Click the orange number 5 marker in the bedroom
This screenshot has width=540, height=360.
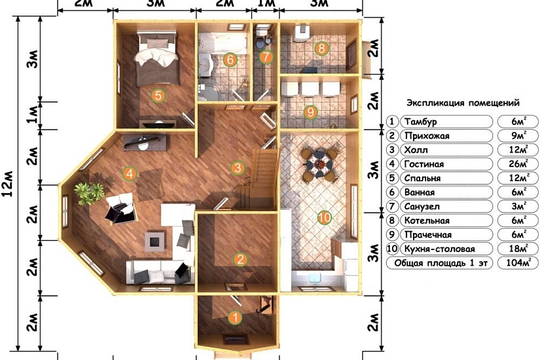point(158,96)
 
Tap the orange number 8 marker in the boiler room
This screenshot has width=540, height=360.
point(321,48)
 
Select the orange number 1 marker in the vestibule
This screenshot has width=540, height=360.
point(235,317)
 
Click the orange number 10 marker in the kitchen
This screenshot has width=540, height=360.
point(324,217)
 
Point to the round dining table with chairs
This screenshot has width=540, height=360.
point(319,164)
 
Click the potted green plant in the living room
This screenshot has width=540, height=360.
point(89,193)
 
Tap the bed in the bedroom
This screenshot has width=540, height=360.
point(157,58)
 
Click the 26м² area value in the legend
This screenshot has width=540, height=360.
point(518,164)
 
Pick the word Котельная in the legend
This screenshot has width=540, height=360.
point(427,221)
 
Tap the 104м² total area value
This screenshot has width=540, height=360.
point(518,262)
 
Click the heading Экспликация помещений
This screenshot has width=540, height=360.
point(463,103)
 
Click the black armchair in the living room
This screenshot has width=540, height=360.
point(119,211)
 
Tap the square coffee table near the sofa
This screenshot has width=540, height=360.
point(154,242)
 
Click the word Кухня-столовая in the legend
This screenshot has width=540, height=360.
point(439,249)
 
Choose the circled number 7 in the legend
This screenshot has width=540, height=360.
point(392,206)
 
